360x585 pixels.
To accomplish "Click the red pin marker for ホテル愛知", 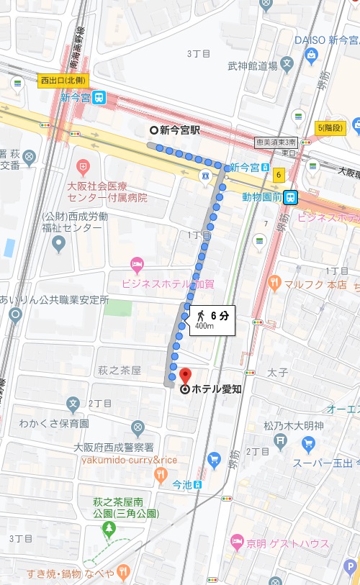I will pyautogui.click(x=185, y=376).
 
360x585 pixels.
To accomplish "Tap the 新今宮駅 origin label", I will pyautogui.click(x=180, y=130).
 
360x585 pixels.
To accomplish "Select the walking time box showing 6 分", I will pyautogui.click(x=212, y=320).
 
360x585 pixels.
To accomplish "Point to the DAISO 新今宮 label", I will pyautogui.click(x=328, y=40).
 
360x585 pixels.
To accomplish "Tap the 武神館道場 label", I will pyautogui.click(x=252, y=66).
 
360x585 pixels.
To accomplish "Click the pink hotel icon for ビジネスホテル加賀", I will pyautogui.click(x=137, y=265).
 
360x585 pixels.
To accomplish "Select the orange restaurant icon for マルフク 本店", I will pyautogui.click(x=273, y=284).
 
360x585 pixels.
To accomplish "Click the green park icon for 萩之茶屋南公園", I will pyautogui.click(x=109, y=530).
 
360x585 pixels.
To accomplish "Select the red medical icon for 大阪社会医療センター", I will pyautogui.click(x=84, y=168).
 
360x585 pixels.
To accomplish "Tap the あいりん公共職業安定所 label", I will pyautogui.click(x=54, y=299).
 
